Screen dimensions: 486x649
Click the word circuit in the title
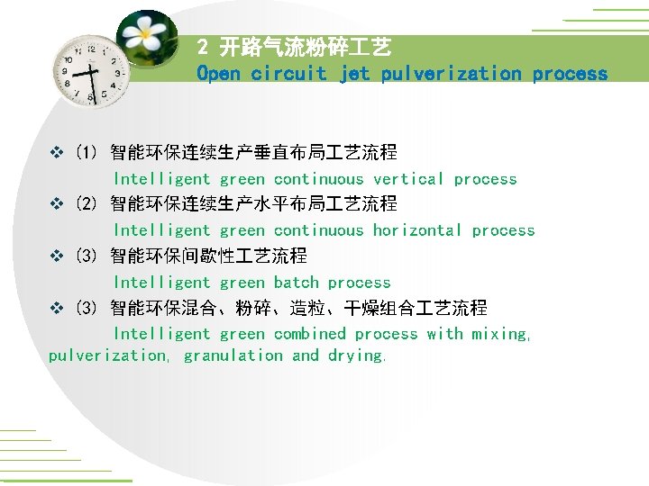click(288, 74)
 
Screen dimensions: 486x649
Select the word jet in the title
click(354, 74)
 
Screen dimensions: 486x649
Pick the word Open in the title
click(219, 74)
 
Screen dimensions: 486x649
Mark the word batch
click(296, 283)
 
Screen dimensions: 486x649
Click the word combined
click(309, 334)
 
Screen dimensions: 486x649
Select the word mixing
click(501, 334)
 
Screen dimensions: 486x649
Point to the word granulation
click(233, 355)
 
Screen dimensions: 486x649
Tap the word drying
click(358, 355)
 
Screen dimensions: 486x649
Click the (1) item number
click(87, 153)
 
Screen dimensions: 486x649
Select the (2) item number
click(87, 204)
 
